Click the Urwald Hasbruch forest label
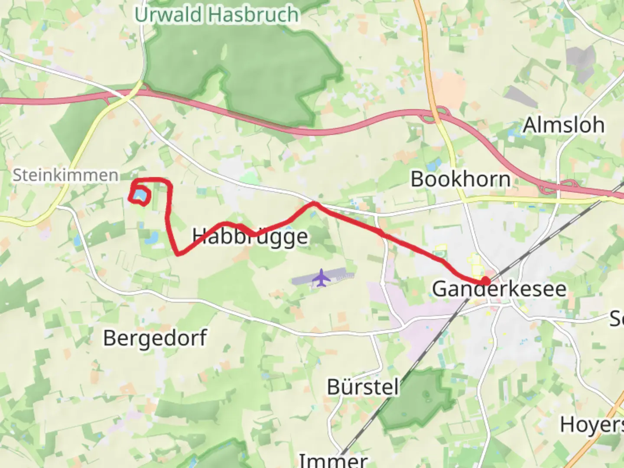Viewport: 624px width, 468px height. point(217,15)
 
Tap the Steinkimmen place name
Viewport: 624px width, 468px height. point(65,175)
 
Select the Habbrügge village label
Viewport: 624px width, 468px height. point(250,237)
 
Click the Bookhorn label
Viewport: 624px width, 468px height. point(460,179)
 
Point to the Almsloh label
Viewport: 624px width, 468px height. point(563,125)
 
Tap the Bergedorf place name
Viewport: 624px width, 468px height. point(155,338)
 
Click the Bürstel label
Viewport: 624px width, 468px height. point(363,387)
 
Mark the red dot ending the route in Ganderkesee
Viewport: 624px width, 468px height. point(485,281)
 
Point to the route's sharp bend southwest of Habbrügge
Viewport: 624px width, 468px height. point(178,253)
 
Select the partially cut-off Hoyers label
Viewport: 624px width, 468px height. point(591,425)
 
